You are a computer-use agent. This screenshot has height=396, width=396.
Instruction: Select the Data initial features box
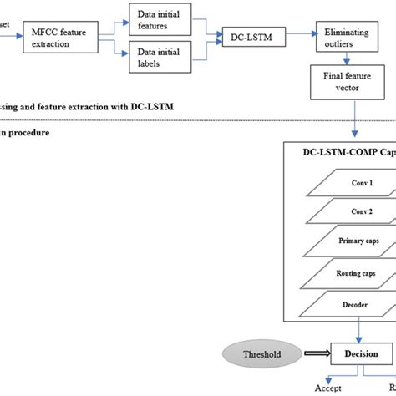161,18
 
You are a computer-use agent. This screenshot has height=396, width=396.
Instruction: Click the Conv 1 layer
343,181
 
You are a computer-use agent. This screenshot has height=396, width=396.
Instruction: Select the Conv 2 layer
343,211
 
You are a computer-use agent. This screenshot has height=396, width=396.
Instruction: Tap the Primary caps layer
343,241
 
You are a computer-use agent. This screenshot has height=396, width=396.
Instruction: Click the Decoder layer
343,303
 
